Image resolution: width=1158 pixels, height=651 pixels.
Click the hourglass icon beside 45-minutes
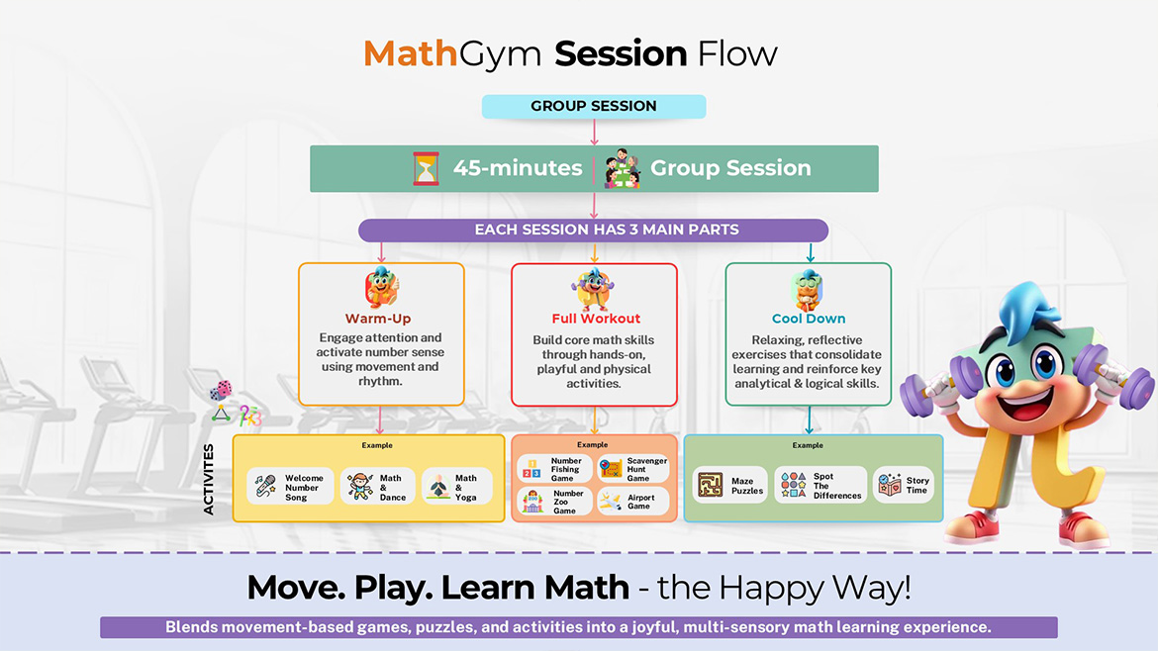426,169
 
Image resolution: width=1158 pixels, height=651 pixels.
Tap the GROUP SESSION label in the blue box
594,107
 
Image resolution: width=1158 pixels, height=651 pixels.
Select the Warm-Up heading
378,319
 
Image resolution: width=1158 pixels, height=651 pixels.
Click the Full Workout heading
596,319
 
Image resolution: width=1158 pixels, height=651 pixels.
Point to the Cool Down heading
809,319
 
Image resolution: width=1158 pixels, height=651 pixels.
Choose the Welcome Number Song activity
290,488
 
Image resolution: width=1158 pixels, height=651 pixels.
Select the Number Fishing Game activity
554,469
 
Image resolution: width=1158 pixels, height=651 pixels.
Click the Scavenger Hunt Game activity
634,469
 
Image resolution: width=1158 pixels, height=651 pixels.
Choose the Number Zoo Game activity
554,502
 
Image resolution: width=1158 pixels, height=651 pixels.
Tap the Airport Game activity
634,502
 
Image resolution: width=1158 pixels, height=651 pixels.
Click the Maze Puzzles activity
730,486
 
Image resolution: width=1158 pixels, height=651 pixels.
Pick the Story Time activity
904,486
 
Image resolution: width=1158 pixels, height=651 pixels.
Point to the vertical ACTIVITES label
209,479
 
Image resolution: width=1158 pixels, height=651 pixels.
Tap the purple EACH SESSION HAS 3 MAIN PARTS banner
594,230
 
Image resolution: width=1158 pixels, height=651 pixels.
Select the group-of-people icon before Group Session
621,168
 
